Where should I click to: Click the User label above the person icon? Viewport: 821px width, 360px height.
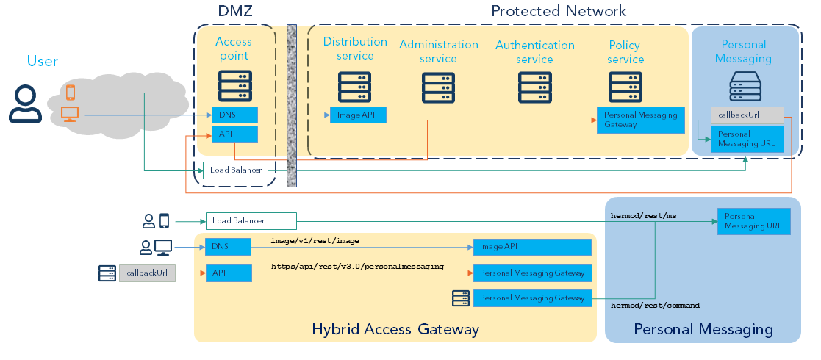click(42, 61)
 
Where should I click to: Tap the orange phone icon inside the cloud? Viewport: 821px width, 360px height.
click(71, 93)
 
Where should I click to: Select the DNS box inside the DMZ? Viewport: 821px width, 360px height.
click(234, 115)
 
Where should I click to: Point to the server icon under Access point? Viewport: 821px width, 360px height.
click(235, 86)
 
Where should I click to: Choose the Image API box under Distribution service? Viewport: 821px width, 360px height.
click(357, 115)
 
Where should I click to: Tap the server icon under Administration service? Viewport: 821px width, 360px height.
click(438, 87)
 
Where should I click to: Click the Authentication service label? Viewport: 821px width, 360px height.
click(534, 52)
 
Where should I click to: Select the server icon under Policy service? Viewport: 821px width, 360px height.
click(625, 87)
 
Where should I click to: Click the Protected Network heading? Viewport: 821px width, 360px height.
click(558, 11)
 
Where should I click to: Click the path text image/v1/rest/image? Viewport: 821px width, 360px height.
click(315, 241)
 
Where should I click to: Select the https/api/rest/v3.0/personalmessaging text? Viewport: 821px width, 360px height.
click(357, 267)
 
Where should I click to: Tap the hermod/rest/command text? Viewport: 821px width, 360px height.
click(655, 305)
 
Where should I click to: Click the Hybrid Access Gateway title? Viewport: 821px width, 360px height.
click(395, 329)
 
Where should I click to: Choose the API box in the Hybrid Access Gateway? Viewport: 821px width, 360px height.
click(228, 273)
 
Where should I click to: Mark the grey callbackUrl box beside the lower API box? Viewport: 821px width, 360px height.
click(147, 273)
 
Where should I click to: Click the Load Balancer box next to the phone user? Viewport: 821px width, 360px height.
click(250, 220)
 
